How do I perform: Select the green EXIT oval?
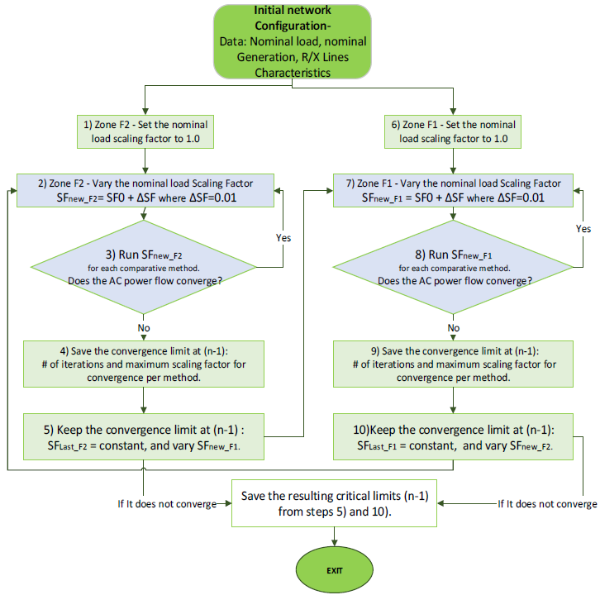click(333, 569)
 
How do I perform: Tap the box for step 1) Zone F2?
click(145, 131)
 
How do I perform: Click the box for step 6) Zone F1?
click(452, 131)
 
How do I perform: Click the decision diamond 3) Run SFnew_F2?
click(145, 265)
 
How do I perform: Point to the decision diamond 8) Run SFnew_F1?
click(452, 265)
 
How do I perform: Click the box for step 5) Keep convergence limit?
click(145, 436)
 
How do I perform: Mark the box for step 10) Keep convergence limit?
click(452, 436)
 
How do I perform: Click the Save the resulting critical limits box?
click(333, 503)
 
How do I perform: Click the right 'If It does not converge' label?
click(546, 503)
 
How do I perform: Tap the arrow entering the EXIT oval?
click(333, 538)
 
